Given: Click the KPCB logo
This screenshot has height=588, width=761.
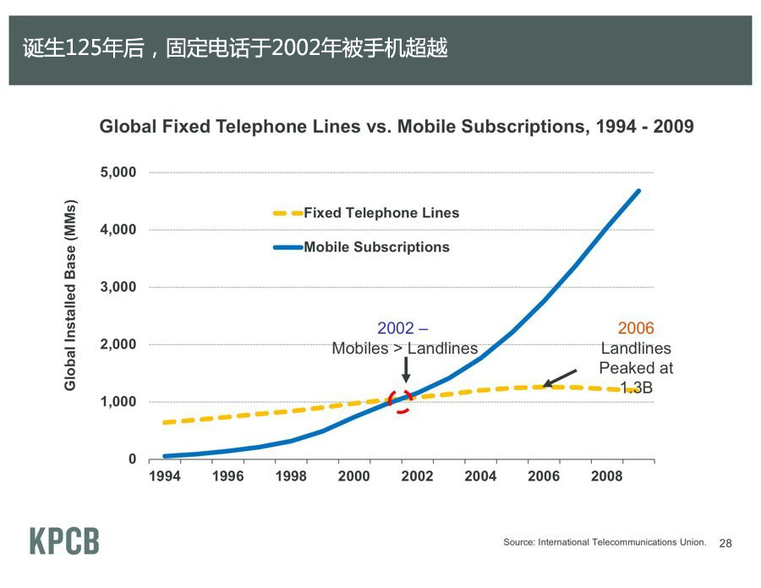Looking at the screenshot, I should [x=64, y=541].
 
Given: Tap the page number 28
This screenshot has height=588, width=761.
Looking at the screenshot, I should [x=725, y=543].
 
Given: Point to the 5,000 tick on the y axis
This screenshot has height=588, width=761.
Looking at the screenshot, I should [x=119, y=173].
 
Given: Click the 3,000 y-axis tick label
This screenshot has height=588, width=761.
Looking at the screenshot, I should [x=119, y=287].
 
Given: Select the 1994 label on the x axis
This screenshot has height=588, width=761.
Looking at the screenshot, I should [x=164, y=476].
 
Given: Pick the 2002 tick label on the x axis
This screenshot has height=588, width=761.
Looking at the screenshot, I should [x=417, y=476].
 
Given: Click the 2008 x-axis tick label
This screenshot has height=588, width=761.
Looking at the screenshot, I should [x=606, y=476].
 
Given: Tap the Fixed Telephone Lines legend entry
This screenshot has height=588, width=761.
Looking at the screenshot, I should [x=380, y=213].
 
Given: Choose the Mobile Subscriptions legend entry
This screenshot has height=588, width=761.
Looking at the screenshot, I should [x=376, y=247].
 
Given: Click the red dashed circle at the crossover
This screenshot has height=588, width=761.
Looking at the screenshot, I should [x=401, y=399].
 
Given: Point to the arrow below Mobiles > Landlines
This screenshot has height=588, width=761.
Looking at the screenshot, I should [x=406, y=369].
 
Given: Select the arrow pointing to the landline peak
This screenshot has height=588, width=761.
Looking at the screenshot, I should [x=559, y=377].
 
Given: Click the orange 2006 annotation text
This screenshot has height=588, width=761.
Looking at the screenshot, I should [x=636, y=328].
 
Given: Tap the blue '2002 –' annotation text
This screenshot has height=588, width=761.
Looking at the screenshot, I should [x=402, y=328].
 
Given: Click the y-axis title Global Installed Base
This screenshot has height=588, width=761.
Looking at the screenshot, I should [x=71, y=296].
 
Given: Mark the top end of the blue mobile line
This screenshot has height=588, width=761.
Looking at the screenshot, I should [x=638, y=191].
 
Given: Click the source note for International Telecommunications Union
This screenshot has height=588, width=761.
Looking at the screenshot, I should [x=605, y=541].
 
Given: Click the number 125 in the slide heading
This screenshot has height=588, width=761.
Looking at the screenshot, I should [x=81, y=49].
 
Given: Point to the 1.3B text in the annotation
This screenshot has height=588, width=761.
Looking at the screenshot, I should [x=636, y=388].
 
